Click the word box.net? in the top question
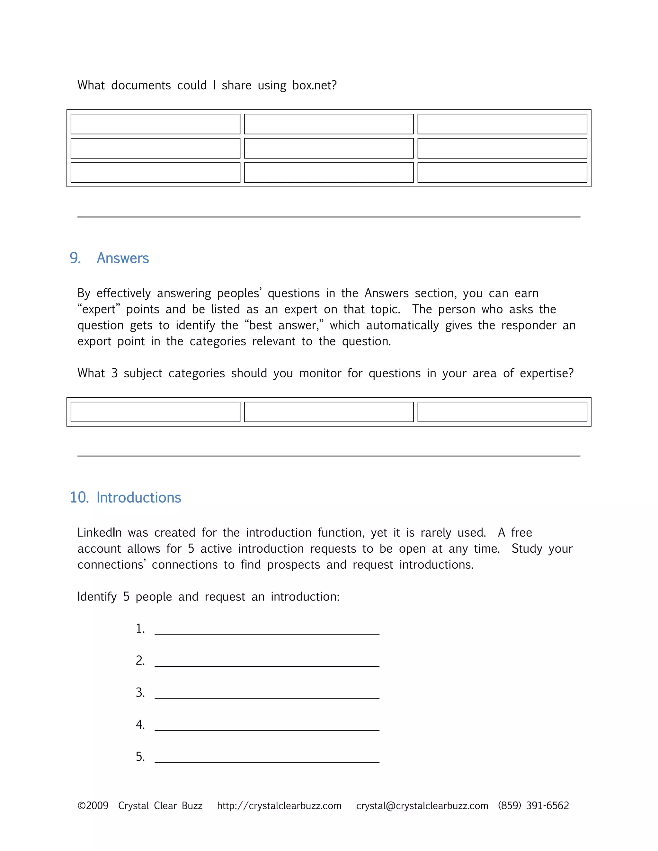(314, 85)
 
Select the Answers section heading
(123, 258)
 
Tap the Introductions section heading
(139, 497)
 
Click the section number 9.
(75, 258)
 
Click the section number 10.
(79, 497)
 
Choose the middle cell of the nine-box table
(329, 148)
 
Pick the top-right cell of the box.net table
(502, 124)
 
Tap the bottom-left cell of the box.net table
(155, 173)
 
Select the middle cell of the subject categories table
(329, 412)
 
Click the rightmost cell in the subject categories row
(502, 412)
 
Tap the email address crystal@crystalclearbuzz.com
(422, 806)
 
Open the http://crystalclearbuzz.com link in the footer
(279, 806)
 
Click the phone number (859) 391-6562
(533, 806)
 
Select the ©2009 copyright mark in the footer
(93, 806)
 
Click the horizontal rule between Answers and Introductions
(329, 456)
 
